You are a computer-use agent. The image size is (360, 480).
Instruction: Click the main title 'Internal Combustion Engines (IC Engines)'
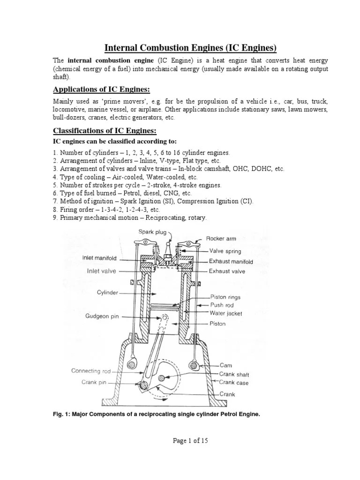click(190, 48)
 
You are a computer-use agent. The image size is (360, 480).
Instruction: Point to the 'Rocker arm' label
click(221, 239)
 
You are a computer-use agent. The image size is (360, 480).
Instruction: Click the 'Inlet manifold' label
click(99, 258)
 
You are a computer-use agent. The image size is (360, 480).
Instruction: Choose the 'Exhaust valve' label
click(227, 271)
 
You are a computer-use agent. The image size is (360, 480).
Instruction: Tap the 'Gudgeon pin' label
click(102, 316)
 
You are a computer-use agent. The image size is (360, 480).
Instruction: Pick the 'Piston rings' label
click(225, 297)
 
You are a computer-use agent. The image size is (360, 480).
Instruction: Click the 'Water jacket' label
click(225, 314)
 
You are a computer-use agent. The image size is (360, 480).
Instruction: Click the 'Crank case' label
click(234, 382)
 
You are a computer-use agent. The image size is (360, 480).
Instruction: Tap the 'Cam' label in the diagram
click(225, 365)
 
